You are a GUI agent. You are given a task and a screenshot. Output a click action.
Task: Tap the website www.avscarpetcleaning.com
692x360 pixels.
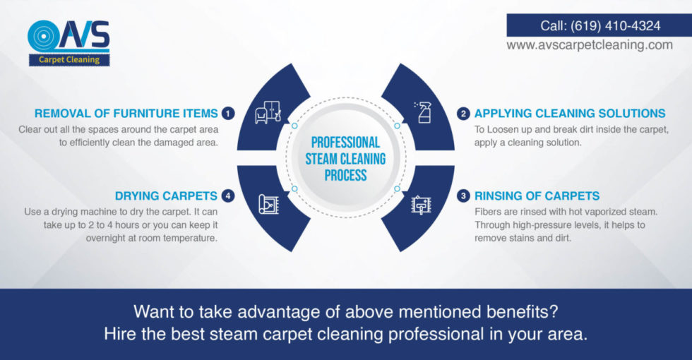click(x=590, y=44)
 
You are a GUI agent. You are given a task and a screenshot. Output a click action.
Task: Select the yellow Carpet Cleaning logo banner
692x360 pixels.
click(x=69, y=60)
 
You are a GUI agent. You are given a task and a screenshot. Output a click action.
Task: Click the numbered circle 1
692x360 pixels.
click(x=227, y=113)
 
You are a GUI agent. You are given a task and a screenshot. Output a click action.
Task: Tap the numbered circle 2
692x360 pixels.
click(x=463, y=113)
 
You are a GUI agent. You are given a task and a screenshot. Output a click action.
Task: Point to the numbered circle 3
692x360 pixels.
click(x=463, y=196)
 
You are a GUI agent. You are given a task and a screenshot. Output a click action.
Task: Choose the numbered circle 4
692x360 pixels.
click(x=227, y=196)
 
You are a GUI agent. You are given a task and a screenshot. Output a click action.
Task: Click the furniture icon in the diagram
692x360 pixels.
click(x=268, y=112)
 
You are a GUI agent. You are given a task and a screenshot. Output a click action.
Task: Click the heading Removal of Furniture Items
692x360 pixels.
click(x=126, y=113)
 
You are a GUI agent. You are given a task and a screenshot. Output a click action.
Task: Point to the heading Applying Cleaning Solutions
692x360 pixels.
click(x=570, y=113)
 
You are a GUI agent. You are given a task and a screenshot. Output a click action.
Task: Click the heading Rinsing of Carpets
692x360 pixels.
click(x=537, y=196)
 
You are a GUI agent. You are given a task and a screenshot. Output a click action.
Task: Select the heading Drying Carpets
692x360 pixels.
click(x=165, y=196)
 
